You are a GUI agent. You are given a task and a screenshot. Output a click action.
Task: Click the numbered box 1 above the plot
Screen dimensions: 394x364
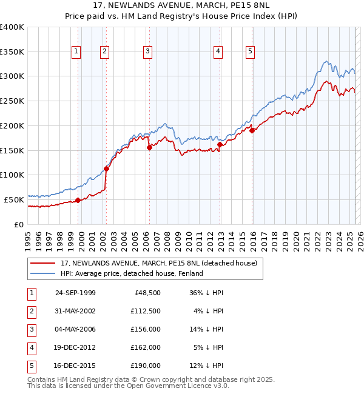(76, 52)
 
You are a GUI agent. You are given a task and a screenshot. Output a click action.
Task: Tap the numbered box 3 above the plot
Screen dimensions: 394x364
(147, 52)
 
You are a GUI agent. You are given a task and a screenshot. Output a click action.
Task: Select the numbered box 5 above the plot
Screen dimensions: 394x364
(250, 52)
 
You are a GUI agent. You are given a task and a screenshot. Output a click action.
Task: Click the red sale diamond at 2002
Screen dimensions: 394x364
(106, 169)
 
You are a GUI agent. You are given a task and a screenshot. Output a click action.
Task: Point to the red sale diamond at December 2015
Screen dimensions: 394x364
(252, 130)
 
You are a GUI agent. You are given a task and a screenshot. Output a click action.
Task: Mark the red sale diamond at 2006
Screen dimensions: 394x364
(149, 147)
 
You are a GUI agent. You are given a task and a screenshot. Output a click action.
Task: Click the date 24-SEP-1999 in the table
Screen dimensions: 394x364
(75, 293)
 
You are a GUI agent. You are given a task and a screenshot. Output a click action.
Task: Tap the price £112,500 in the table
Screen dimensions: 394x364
(146, 311)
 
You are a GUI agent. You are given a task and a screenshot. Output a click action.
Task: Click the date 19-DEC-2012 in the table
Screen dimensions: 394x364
(75, 347)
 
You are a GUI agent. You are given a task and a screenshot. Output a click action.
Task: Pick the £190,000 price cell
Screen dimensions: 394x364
(146, 366)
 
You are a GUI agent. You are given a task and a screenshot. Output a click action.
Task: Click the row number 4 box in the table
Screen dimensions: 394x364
(32, 347)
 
